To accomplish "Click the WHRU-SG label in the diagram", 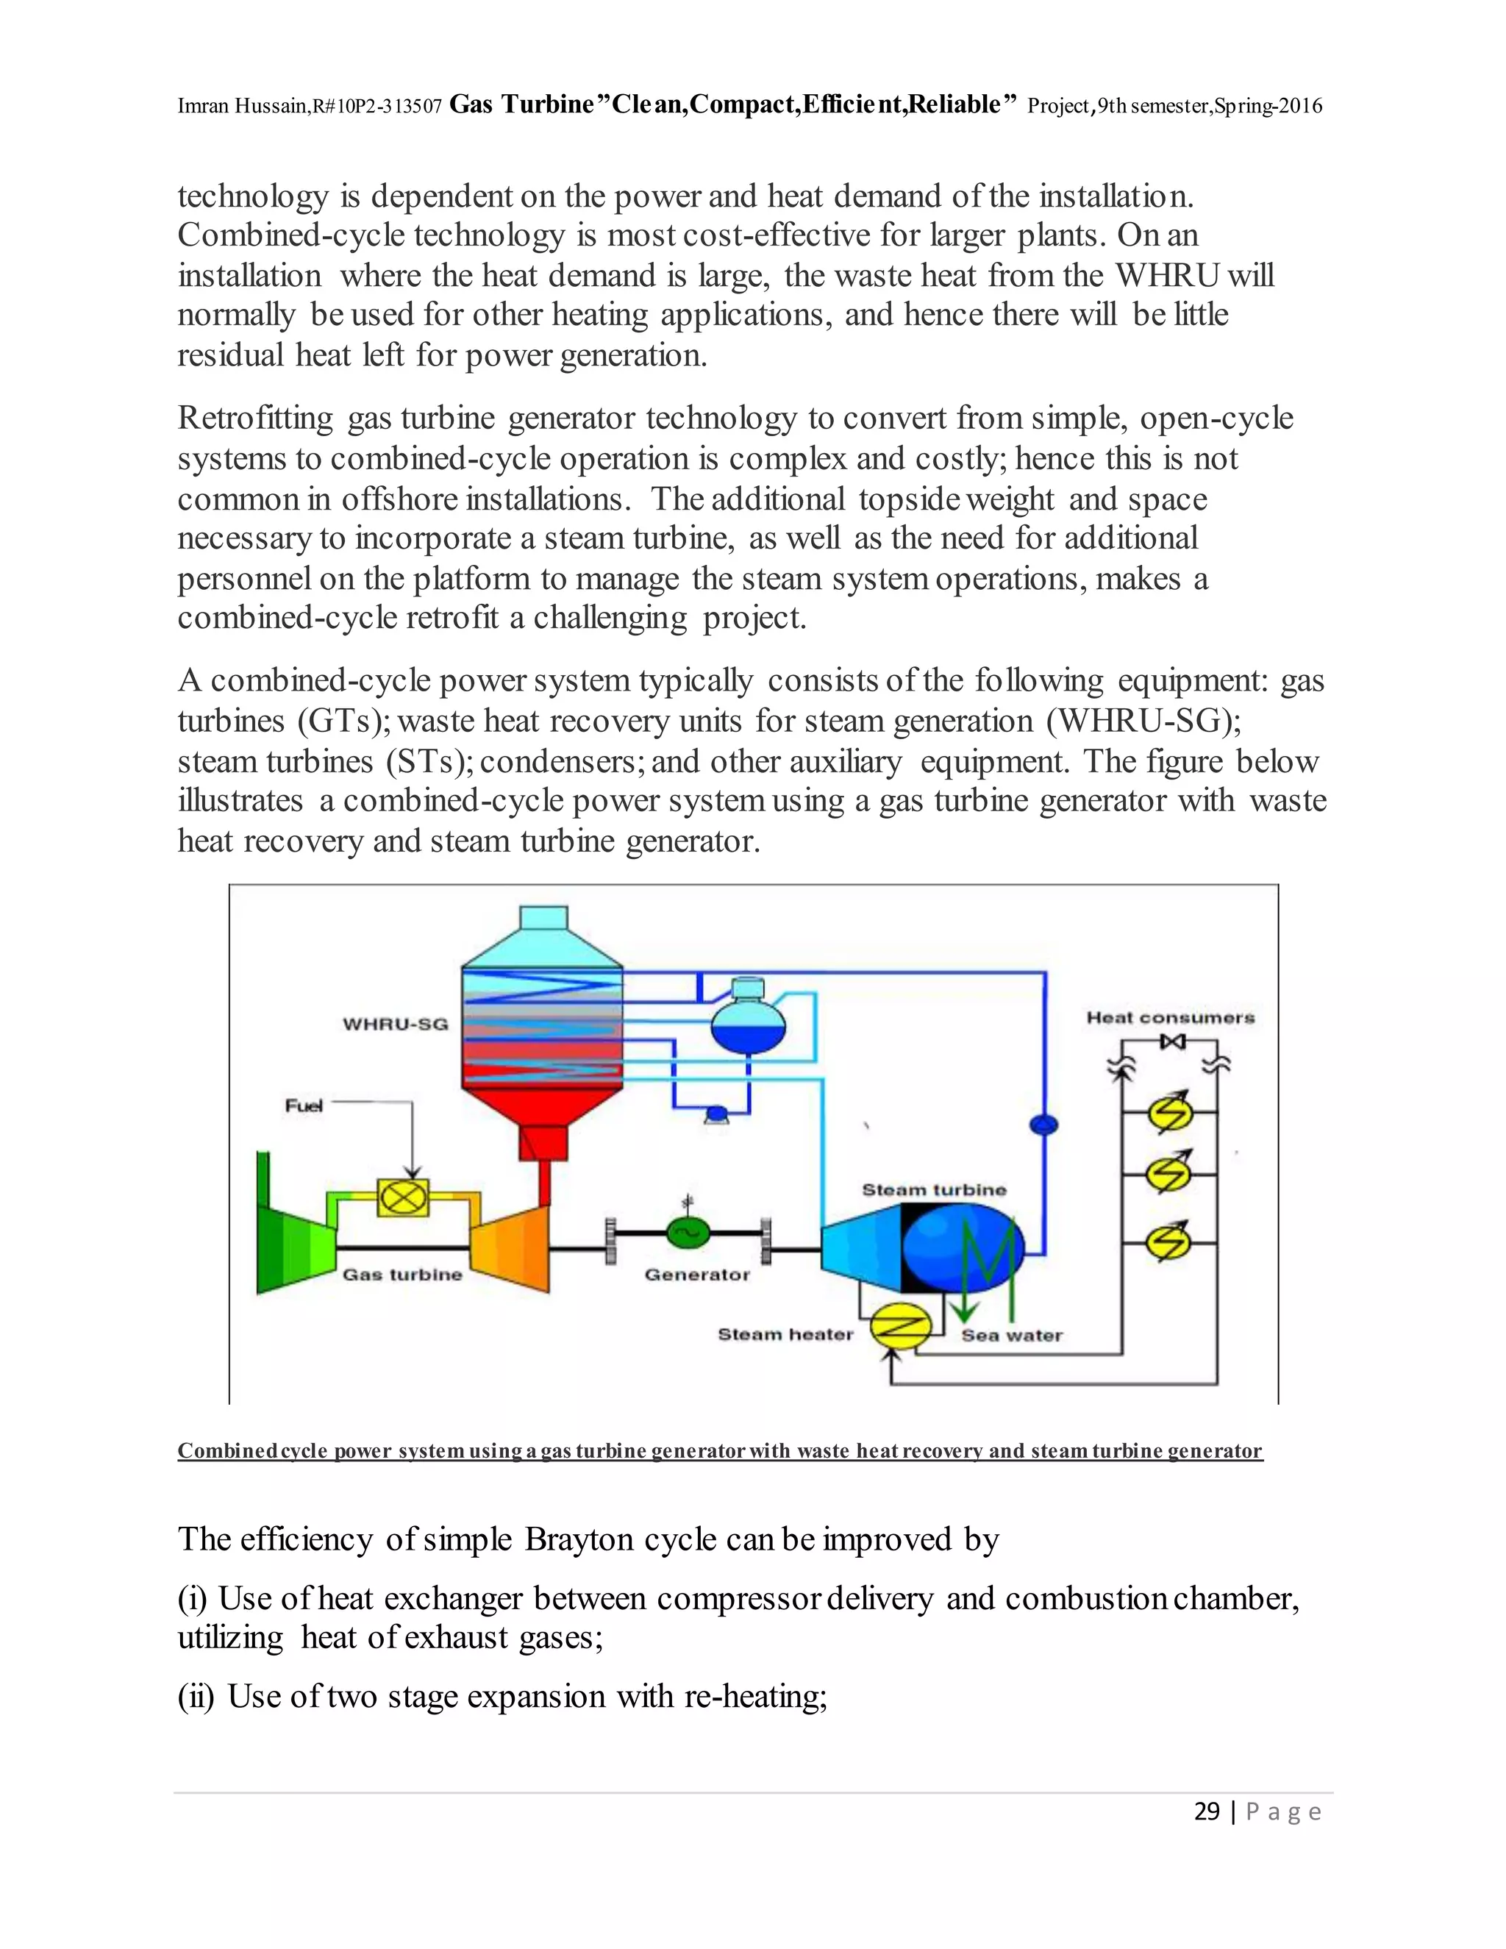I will [x=395, y=1024].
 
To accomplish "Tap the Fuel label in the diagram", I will [x=304, y=1105].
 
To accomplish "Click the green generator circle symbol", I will [x=688, y=1233].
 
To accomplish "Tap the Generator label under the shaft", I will [x=697, y=1275].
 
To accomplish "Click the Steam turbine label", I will [x=933, y=1189].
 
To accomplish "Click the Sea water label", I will [x=1012, y=1336].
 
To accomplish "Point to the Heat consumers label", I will [x=1170, y=1017].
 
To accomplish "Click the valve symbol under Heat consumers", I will [x=1171, y=1041].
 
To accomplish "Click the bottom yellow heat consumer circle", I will [x=1168, y=1241].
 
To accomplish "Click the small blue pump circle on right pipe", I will [x=1044, y=1125].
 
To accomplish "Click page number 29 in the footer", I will [x=1206, y=1811].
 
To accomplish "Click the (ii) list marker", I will [x=196, y=1697].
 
